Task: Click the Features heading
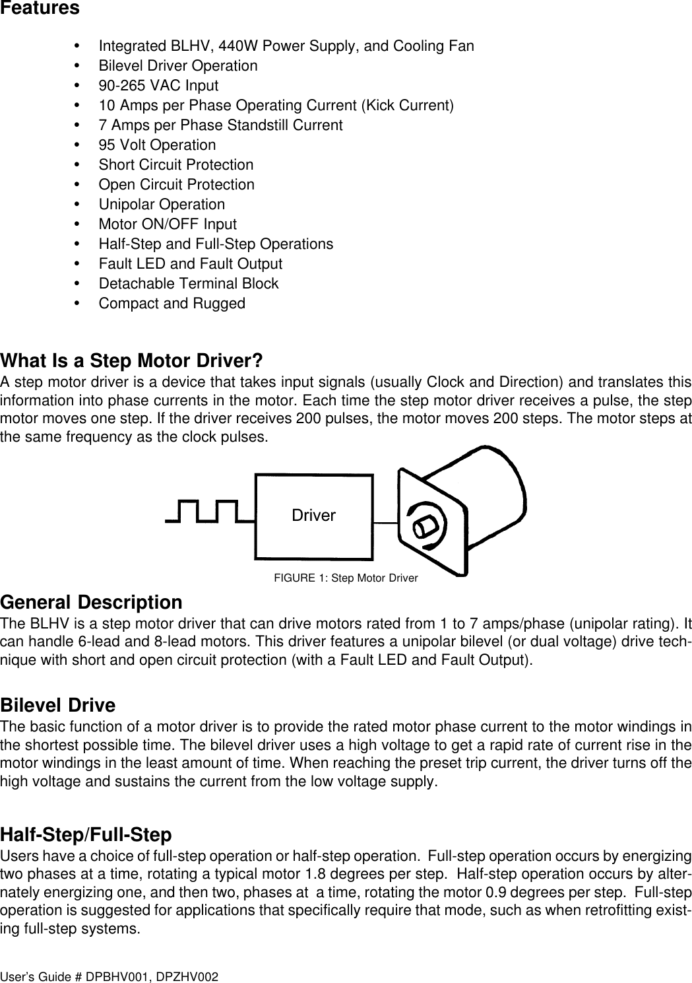[40, 9]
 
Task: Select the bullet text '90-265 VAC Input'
[158, 86]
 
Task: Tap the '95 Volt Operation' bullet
[157, 145]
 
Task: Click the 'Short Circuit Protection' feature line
[175, 165]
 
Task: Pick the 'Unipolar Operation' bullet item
[162, 205]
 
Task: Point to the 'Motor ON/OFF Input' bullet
[168, 224]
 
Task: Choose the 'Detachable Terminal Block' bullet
[189, 284]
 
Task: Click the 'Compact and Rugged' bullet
[172, 304]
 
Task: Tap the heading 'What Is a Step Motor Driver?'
[132, 362]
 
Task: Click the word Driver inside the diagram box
[313, 516]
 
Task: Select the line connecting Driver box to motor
[385, 522]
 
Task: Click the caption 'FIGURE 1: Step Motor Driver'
[346, 579]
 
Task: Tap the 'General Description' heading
[92, 603]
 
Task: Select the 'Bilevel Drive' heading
[58, 706]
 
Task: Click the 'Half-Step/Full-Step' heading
[86, 835]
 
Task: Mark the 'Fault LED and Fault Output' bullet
[190, 264]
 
